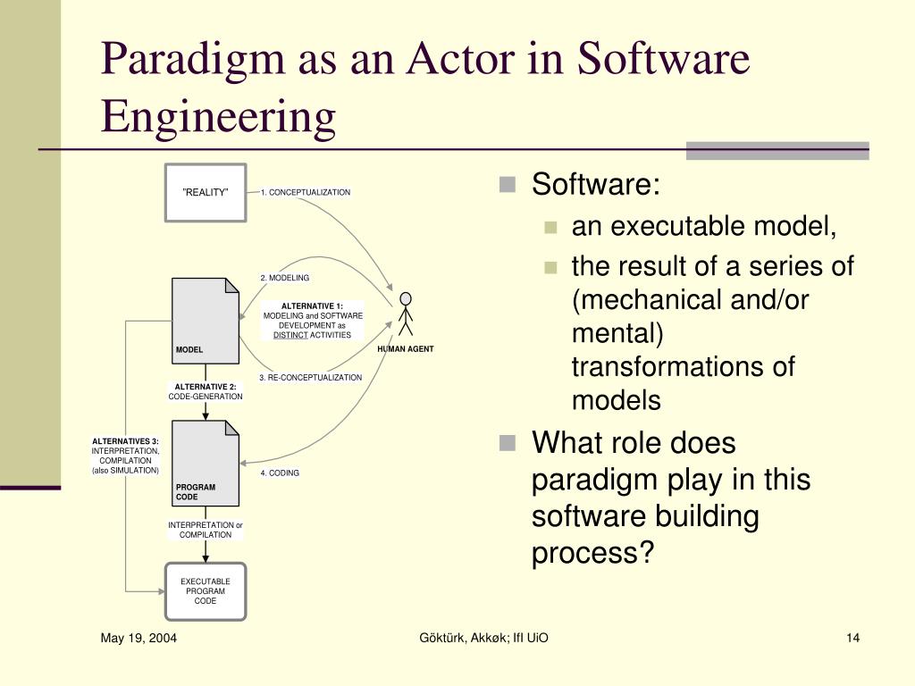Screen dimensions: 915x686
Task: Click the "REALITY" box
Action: (206, 192)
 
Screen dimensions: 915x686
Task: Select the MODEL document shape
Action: (206, 321)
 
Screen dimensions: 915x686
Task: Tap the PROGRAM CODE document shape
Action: (206, 463)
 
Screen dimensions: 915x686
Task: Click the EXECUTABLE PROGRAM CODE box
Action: (206, 591)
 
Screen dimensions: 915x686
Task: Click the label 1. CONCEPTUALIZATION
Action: (306, 192)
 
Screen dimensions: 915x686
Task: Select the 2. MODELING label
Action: (284, 278)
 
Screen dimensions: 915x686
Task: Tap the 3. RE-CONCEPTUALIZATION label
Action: (311, 378)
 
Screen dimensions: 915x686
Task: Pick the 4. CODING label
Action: (280, 473)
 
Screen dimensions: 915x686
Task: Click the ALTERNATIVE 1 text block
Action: (313, 321)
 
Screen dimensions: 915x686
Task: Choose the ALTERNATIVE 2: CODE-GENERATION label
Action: (206, 391)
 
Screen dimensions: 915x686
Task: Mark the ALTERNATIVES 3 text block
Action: (125, 456)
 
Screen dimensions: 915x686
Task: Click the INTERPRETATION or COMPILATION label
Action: (206, 530)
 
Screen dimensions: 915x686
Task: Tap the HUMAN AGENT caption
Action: (405, 349)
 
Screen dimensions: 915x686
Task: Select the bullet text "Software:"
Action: (596, 186)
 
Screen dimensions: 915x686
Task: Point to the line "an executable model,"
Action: (704, 227)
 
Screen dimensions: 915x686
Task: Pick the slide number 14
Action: (852, 637)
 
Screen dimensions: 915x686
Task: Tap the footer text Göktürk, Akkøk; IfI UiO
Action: (483, 637)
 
